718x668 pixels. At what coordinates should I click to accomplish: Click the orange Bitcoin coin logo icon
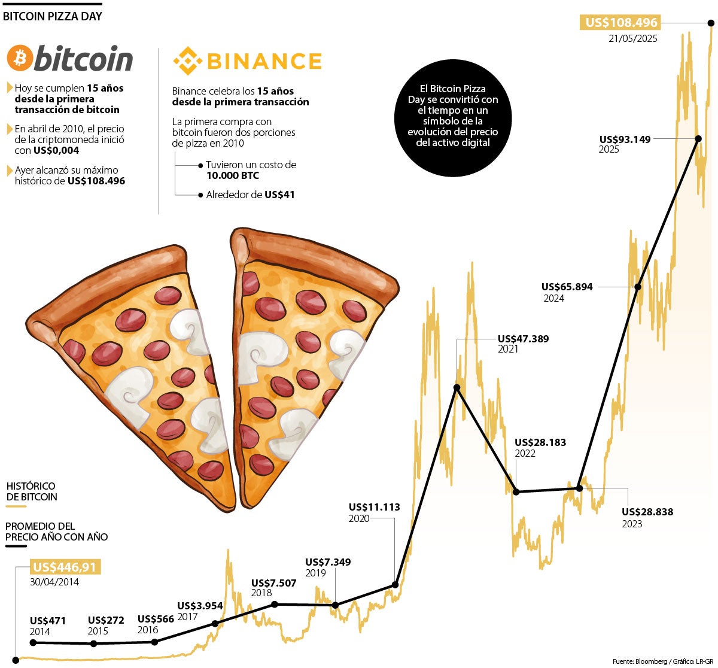point(20,59)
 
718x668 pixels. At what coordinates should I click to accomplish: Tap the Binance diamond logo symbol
point(185,61)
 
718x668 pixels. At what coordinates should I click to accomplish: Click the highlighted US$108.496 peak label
point(621,23)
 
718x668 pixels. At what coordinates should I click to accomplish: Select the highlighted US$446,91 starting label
point(65,567)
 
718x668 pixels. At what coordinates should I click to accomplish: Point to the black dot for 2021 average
point(457,388)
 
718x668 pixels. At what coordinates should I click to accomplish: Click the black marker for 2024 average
point(638,287)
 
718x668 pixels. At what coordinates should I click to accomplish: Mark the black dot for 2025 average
point(698,138)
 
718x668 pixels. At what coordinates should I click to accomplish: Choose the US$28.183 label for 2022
point(540,442)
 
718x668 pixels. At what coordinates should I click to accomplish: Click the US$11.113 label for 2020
point(374,507)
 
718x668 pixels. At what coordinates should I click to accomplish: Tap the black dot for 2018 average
point(274,604)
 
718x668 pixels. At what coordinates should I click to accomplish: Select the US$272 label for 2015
point(106,620)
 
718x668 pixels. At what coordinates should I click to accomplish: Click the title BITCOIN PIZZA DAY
point(53,16)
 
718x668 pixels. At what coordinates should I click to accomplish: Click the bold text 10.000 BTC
point(233,175)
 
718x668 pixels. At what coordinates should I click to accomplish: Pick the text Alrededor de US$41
point(250,195)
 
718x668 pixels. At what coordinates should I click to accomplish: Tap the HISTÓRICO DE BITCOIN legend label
point(32,491)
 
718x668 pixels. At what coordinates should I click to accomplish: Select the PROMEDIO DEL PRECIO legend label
point(57,532)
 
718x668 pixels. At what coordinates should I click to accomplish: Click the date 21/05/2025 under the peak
point(632,39)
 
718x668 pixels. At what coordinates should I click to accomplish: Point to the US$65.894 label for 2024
point(567,287)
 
